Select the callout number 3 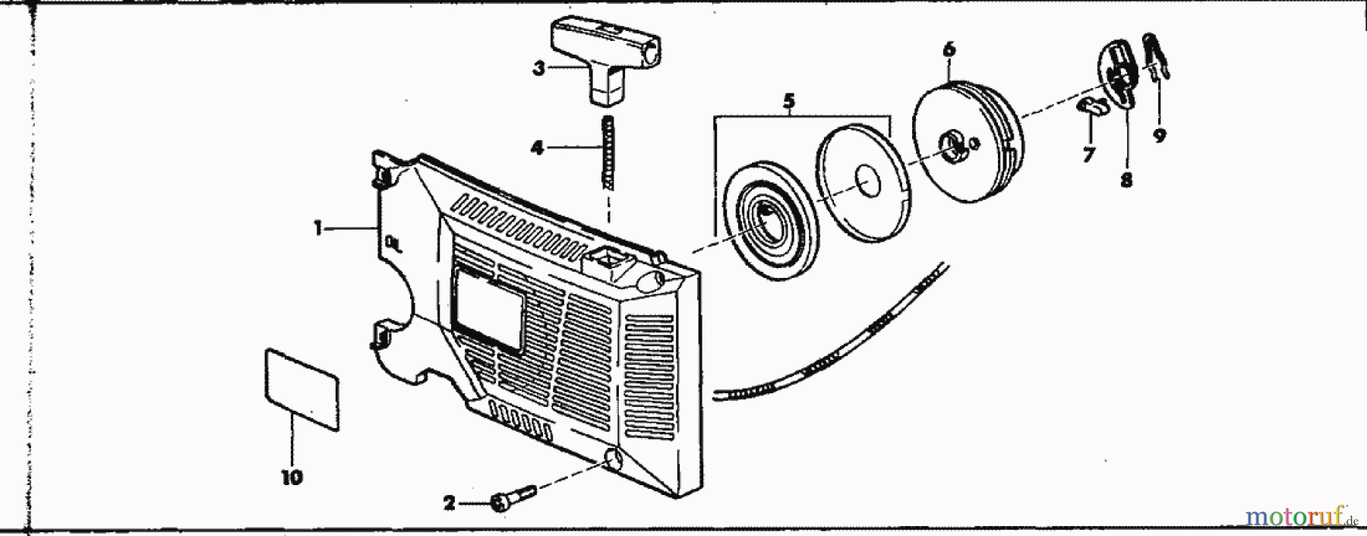tap(538, 69)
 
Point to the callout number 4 tap(537, 147)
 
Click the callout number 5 tap(788, 100)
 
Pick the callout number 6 tap(949, 49)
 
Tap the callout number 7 tap(1088, 155)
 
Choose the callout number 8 tap(1125, 181)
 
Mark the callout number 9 tap(1159, 136)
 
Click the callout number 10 tap(292, 478)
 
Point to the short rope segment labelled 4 tap(606, 152)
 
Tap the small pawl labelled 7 tap(1091, 106)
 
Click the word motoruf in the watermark tap(1295, 518)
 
